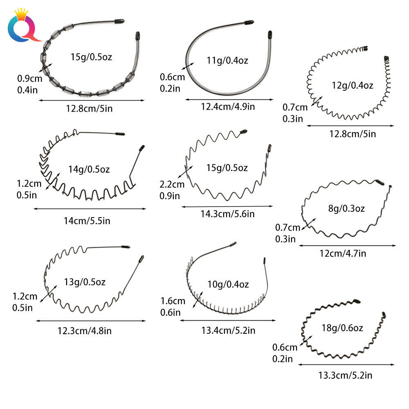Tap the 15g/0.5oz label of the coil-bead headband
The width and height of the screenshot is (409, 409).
click(x=91, y=57)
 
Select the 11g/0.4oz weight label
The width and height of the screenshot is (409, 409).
click(x=227, y=61)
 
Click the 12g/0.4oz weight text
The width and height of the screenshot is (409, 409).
click(x=353, y=85)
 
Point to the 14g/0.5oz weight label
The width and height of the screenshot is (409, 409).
click(x=89, y=170)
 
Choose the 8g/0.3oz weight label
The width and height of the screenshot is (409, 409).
click(x=346, y=209)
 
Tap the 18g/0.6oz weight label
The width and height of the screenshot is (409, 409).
click(x=342, y=328)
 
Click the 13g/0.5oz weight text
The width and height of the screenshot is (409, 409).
click(x=85, y=282)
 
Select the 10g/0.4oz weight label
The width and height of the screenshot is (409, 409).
click(x=228, y=284)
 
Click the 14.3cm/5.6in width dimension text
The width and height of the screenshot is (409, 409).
click(x=227, y=214)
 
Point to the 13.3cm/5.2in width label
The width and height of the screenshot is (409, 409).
click(x=345, y=375)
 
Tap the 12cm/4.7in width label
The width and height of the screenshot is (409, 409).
click(x=343, y=254)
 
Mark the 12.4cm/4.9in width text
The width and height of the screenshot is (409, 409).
click(x=228, y=107)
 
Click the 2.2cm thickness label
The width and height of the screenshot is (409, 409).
click(x=172, y=184)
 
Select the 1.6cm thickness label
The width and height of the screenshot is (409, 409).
click(x=173, y=301)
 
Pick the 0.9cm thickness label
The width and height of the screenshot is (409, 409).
click(x=30, y=79)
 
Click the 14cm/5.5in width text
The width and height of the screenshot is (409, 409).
click(x=87, y=221)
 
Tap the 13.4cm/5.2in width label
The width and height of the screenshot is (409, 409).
click(x=228, y=330)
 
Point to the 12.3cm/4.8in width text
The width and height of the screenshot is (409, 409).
click(x=85, y=331)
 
